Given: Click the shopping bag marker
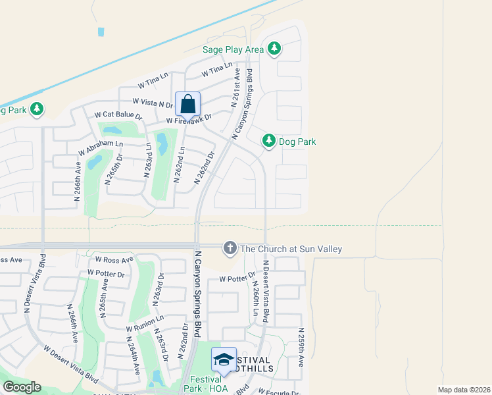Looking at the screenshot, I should (x=187, y=105).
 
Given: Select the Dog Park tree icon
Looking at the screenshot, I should (x=268, y=141).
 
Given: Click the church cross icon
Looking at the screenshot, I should (x=230, y=248).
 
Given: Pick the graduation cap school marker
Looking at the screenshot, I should (x=224, y=359).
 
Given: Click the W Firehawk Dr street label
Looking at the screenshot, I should (x=189, y=120).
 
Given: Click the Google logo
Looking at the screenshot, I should (x=22, y=387).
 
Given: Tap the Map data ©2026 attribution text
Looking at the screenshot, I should (x=463, y=390).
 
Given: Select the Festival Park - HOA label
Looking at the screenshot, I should (x=209, y=384).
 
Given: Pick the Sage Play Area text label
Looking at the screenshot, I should (x=233, y=49).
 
